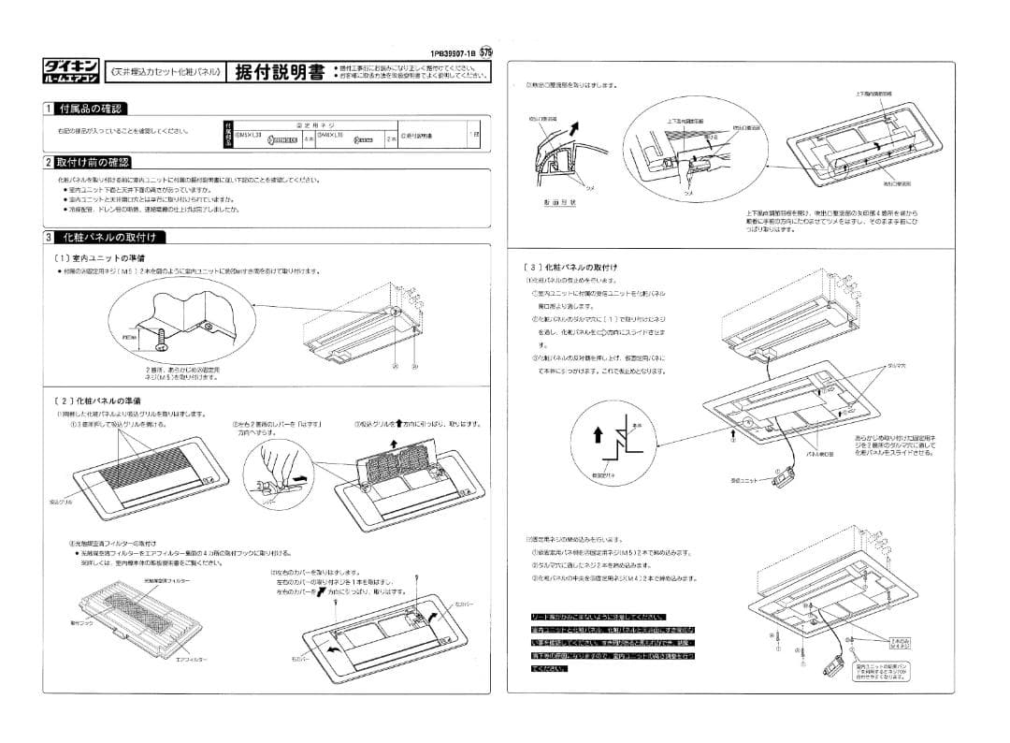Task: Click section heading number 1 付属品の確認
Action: (85, 109)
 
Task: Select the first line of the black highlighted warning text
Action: (598, 617)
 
